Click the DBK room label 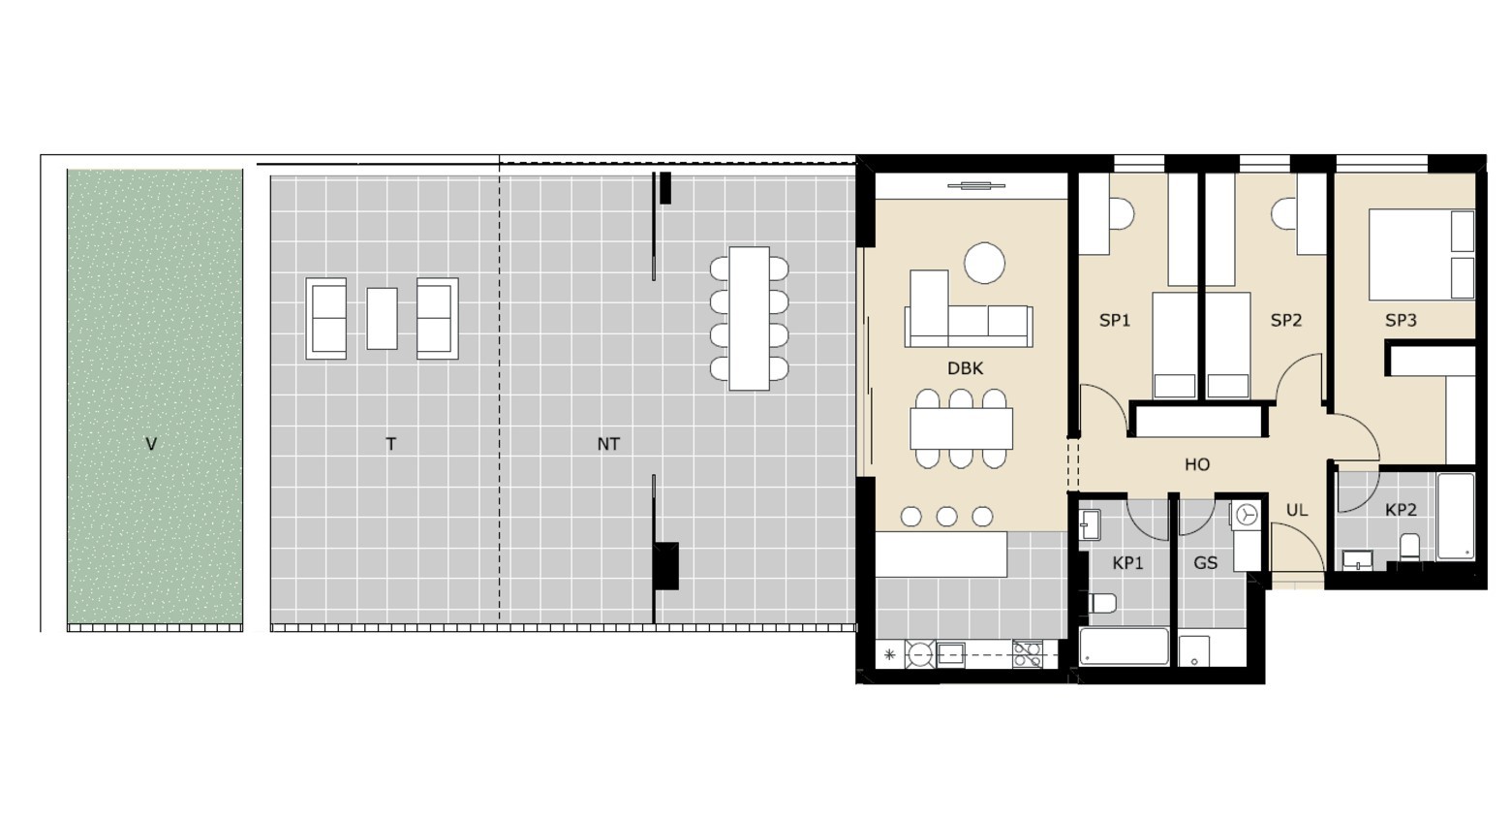click(x=966, y=368)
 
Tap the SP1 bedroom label click(x=1114, y=321)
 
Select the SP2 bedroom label click(x=1285, y=321)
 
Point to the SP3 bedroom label click(x=1401, y=321)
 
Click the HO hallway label click(x=1197, y=464)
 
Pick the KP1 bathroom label click(x=1127, y=563)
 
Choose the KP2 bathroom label click(x=1401, y=510)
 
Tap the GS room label click(x=1206, y=563)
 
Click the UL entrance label click(x=1297, y=510)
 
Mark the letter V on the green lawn click(x=151, y=444)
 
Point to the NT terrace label click(x=608, y=444)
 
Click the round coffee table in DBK click(x=985, y=264)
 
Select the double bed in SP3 click(x=1422, y=254)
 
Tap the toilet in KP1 click(x=1103, y=603)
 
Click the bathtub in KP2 click(x=1456, y=517)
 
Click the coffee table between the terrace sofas click(x=382, y=319)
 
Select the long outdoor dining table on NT click(x=750, y=319)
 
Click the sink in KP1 click(x=1090, y=525)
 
